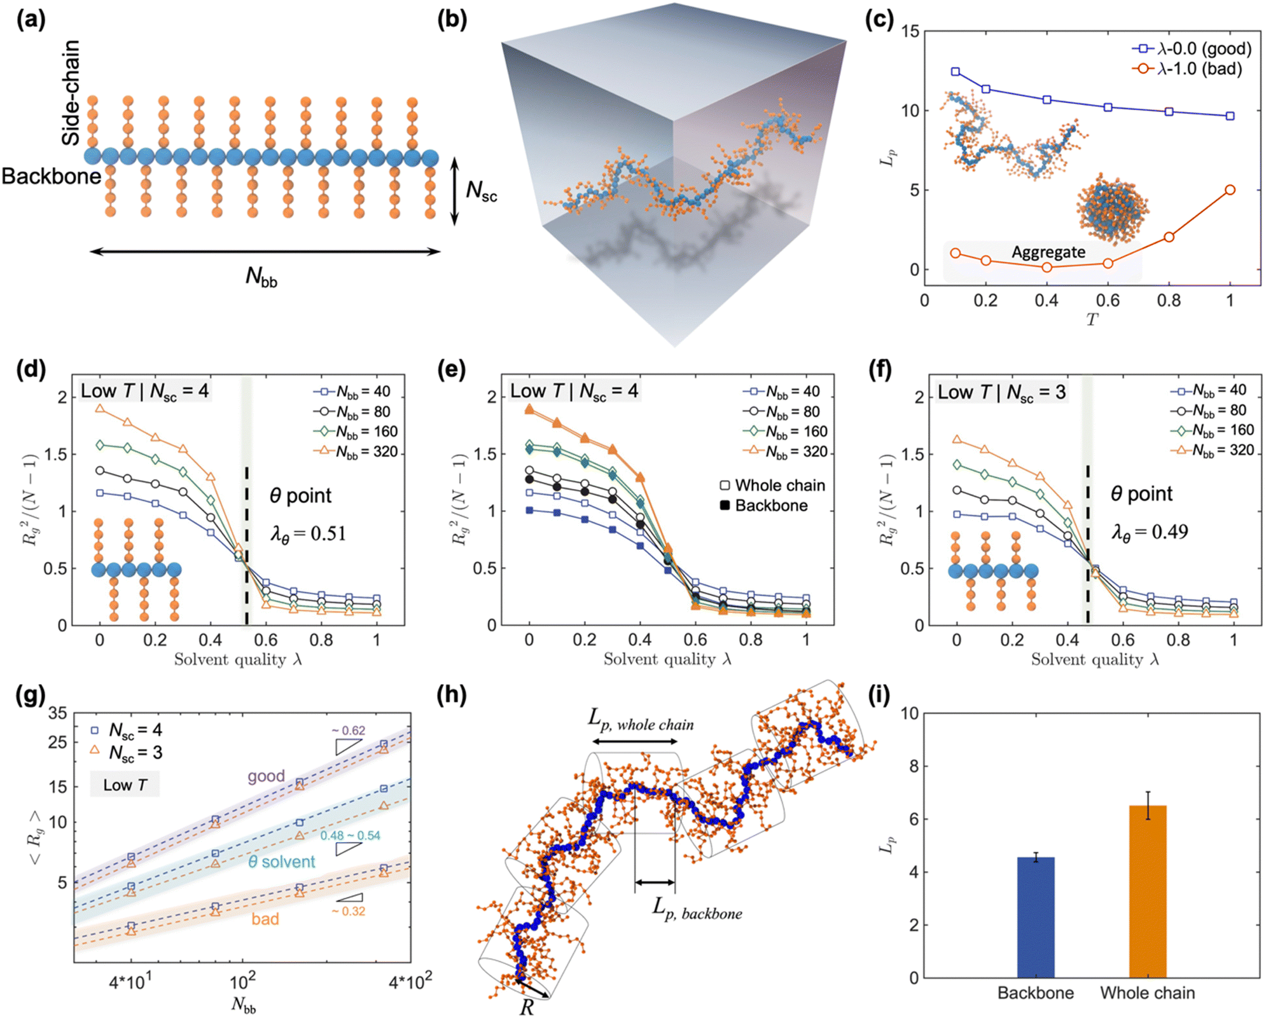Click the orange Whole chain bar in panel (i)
pyautogui.click(x=1148, y=891)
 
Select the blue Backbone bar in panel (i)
pyautogui.click(x=1036, y=917)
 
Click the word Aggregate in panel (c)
pyautogui.click(x=1048, y=252)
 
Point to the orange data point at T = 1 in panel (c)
pyautogui.click(x=1230, y=190)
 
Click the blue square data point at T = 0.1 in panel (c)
pyautogui.click(x=955, y=72)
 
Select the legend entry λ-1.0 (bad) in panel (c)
pyautogui.click(x=1187, y=69)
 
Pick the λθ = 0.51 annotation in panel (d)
pyautogui.click(x=309, y=533)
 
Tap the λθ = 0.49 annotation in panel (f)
pyautogui.click(x=1150, y=532)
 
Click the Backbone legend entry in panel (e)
pyautogui.click(x=763, y=505)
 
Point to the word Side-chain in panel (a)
pyautogui.click(x=71, y=92)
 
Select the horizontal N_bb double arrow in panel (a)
pyautogui.click(x=265, y=251)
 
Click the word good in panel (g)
pyautogui.click(x=266, y=776)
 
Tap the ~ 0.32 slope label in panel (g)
pyautogui.click(x=348, y=911)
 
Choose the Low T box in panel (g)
pyautogui.click(x=125, y=785)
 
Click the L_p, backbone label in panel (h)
pyautogui.click(x=697, y=910)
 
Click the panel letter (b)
pyautogui.click(x=452, y=20)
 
